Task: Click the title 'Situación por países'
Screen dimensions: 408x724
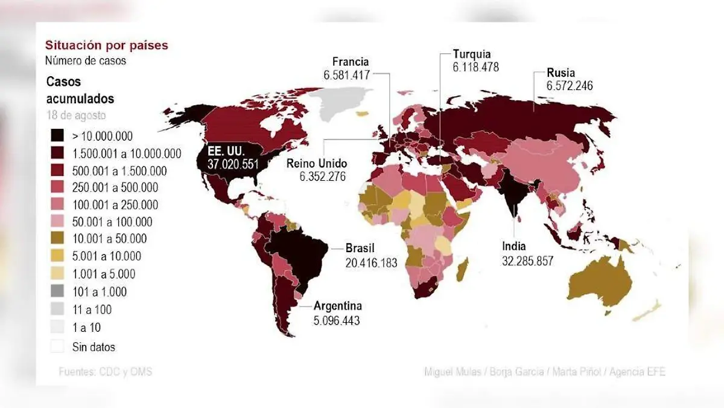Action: tap(106, 45)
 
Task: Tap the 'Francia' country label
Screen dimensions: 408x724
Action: tap(351, 62)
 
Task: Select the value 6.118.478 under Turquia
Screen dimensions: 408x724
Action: tap(475, 68)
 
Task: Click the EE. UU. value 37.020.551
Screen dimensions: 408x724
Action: tap(233, 164)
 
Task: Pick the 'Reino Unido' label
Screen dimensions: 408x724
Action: tap(317, 163)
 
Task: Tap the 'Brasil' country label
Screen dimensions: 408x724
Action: tap(360, 248)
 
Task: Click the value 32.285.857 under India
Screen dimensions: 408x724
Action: tap(527, 261)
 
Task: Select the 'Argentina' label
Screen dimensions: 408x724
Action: tap(337, 306)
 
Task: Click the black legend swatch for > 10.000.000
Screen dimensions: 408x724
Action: tap(58, 136)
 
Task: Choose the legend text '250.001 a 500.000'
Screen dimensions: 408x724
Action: tap(115, 187)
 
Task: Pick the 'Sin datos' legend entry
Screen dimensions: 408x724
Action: tap(94, 347)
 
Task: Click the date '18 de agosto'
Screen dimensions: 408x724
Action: tap(76, 115)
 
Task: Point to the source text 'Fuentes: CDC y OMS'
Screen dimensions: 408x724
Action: tap(105, 372)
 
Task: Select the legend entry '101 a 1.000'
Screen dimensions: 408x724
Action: tap(100, 292)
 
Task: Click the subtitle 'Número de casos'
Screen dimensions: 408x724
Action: tap(85, 60)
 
